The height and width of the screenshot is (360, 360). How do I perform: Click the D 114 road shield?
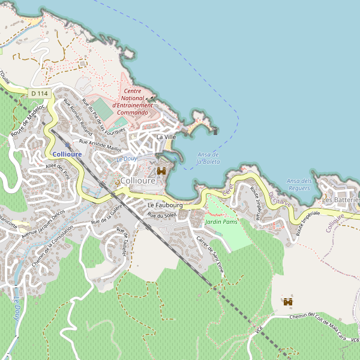[39, 94]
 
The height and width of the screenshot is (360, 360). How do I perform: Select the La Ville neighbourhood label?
[166, 137]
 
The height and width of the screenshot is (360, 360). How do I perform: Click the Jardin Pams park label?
[221, 222]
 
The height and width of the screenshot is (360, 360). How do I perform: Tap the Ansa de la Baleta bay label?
[208, 158]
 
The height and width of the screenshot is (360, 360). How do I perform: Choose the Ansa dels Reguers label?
[299, 184]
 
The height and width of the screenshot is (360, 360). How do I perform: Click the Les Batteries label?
[340, 199]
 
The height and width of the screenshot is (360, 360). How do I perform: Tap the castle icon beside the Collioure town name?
[161, 171]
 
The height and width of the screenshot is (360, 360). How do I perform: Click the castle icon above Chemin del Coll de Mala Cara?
[288, 301]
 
